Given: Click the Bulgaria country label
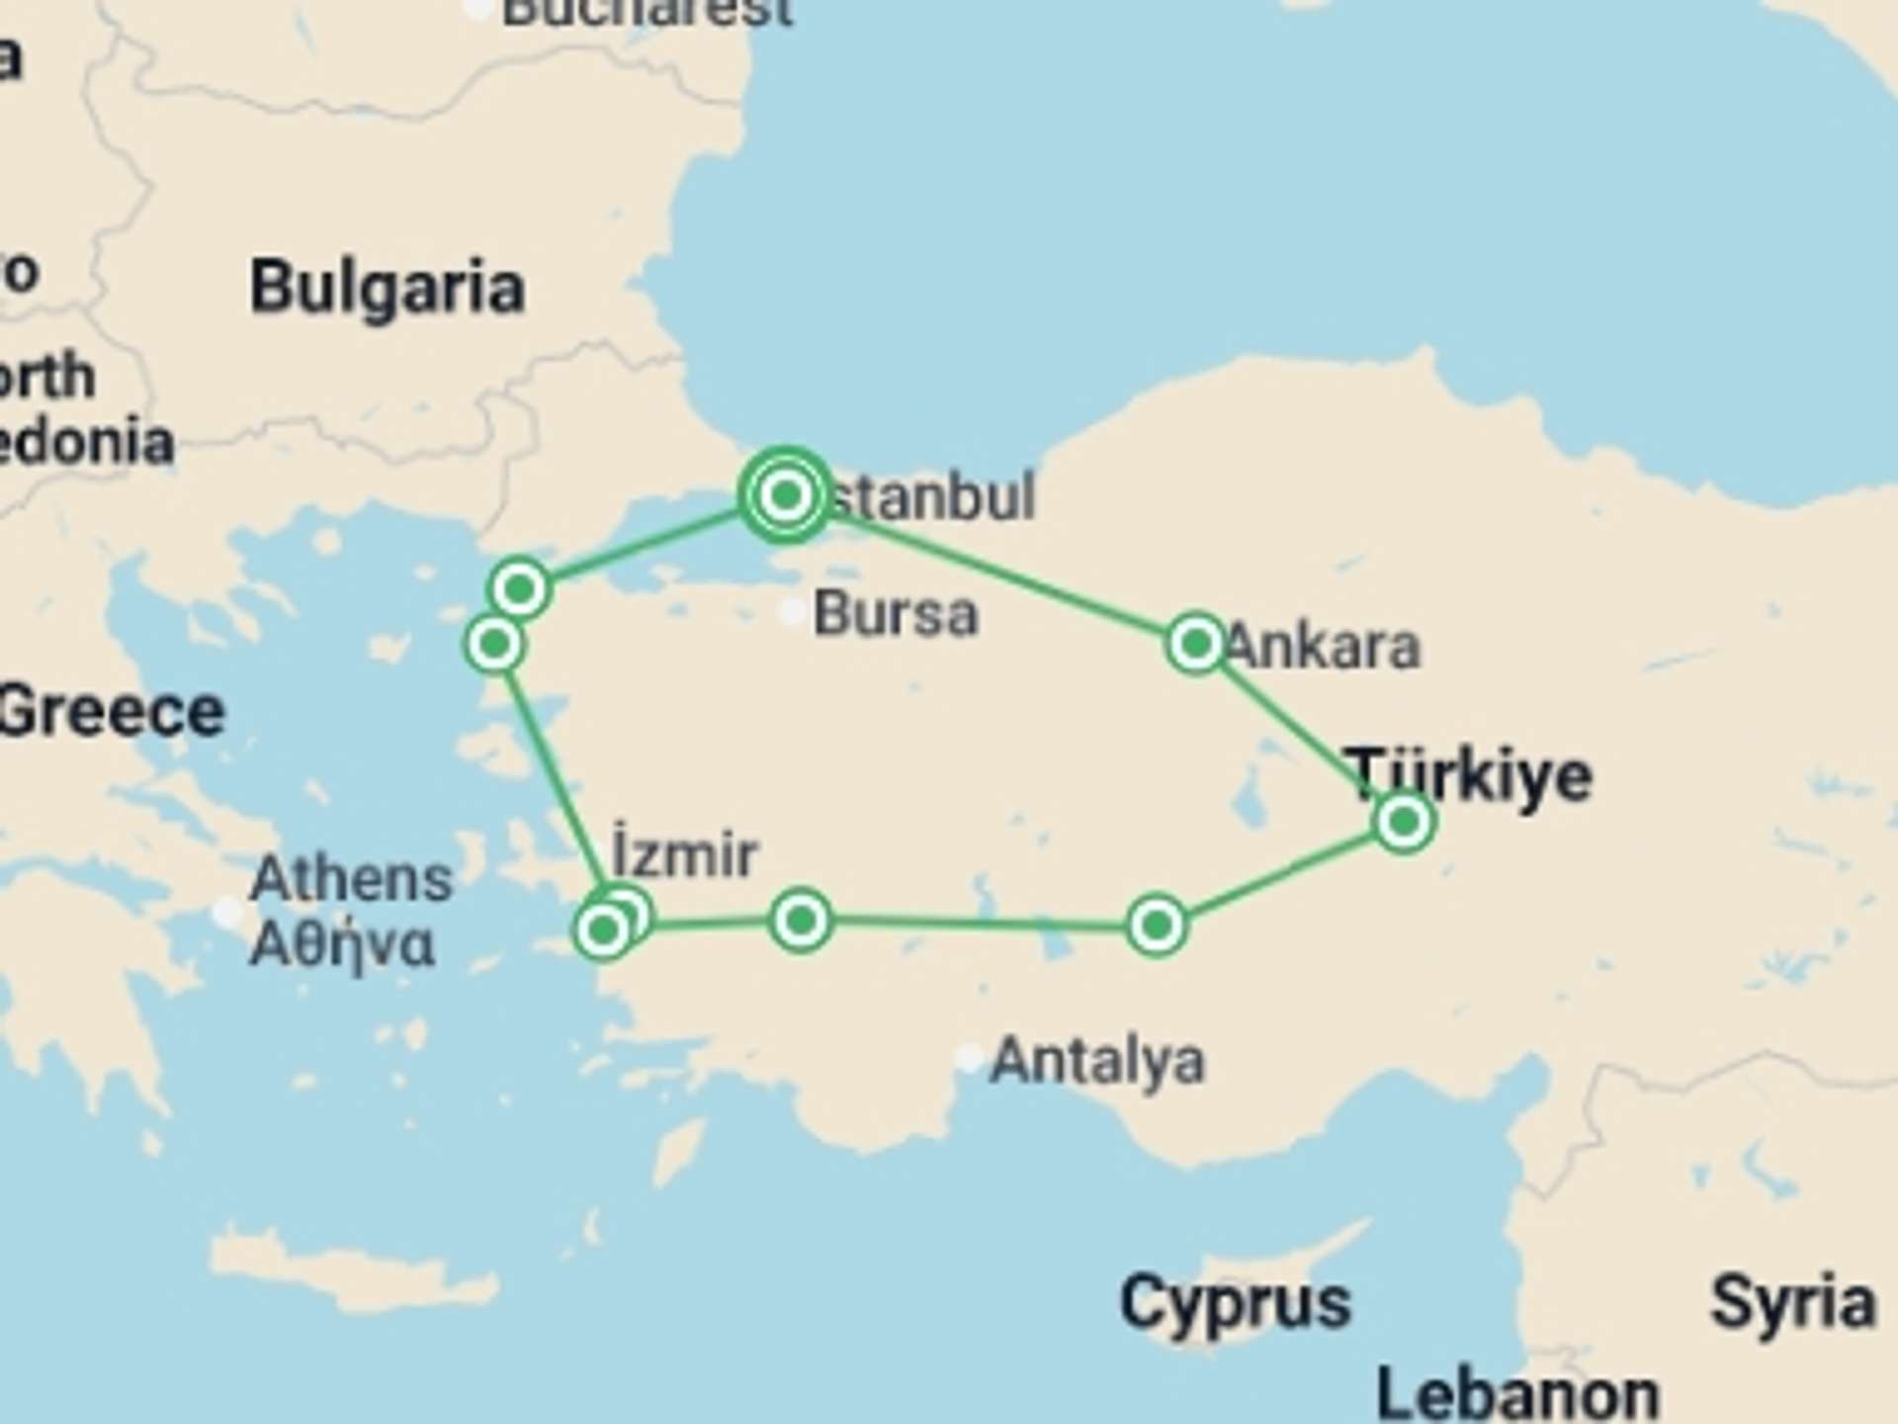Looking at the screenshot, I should pyautogui.click(x=387, y=289).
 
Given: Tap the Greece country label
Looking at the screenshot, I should pyautogui.click(x=111, y=712).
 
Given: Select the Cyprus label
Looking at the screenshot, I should pyautogui.click(x=1235, y=1302).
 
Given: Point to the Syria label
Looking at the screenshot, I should pyautogui.click(x=1791, y=1302).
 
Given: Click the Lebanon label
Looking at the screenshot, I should pyautogui.click(x=1516, y=1394).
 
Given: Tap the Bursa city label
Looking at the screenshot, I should pyautogui.click(x=896, y=614).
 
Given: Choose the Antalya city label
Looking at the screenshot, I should pyautogui.click(x=1097, y=1061).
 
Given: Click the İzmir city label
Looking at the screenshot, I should pyautogui.click(x=684, y=853).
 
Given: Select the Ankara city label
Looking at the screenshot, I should pyautogui.click(x=1323, y=647).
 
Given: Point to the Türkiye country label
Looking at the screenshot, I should pyautogui.click(x=1469, y=774).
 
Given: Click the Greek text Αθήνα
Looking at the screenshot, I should pyautogui.click(x=341, y=944).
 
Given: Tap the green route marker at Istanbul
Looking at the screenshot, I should pyautogui.click(x=786, y=494).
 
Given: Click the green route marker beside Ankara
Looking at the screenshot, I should pyautogui.click(x=1196, y=644).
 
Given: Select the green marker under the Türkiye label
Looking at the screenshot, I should pyautogui.click(x=1404, y=821).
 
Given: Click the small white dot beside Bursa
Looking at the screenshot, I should pyautogui.click(x=791, y=613).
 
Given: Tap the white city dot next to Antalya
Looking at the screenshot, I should pyautogui.click(x=970, y=1058).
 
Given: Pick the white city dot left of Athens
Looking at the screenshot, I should pyautogui.click(x=228, y=911).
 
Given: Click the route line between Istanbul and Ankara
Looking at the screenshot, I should pyautogui.click(x=998, y=571).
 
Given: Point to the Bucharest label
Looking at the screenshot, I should pyautogui.click(x=647, y=12).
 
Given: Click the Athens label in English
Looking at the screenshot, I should pyautogui.click(x=351, y=879).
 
